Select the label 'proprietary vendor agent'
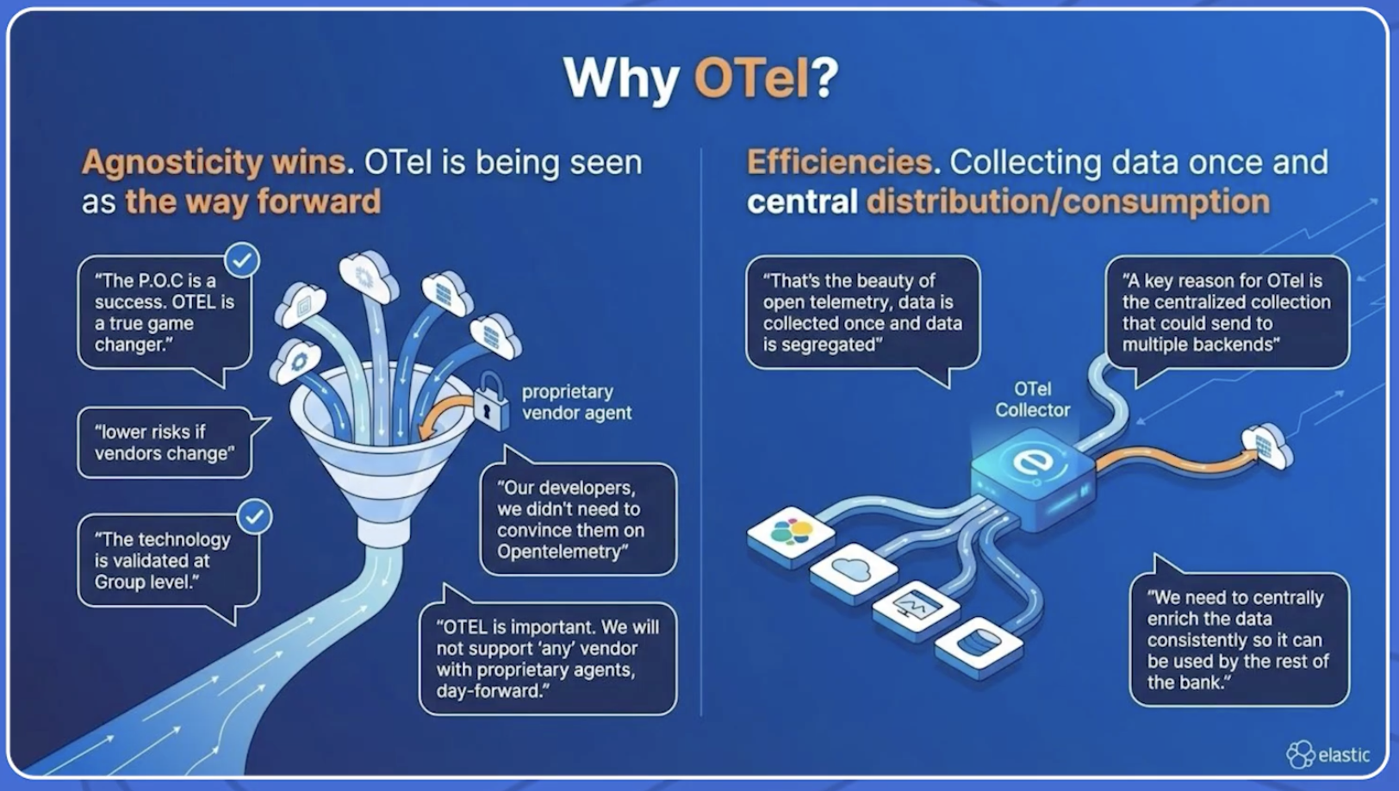[x=576, y=402]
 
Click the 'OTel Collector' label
[x=1032, y=399]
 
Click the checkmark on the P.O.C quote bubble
[x=242, y=260]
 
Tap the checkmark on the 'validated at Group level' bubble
[x=255, y=517]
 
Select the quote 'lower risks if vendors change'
[x=165, y=442]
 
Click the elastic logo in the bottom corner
[x=1327, y=754]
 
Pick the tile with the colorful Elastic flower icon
[x=791, y=535]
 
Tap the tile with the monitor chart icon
[x=917, y=608]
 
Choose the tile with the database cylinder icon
[x=979, y=646]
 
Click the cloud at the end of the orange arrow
[x=1266, y=445]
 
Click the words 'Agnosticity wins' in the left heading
[x=214, y=163]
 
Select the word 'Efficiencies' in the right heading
[x=839, y=163]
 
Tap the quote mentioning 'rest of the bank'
[x=1239, y=640]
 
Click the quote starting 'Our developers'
[x=578, y=520]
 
